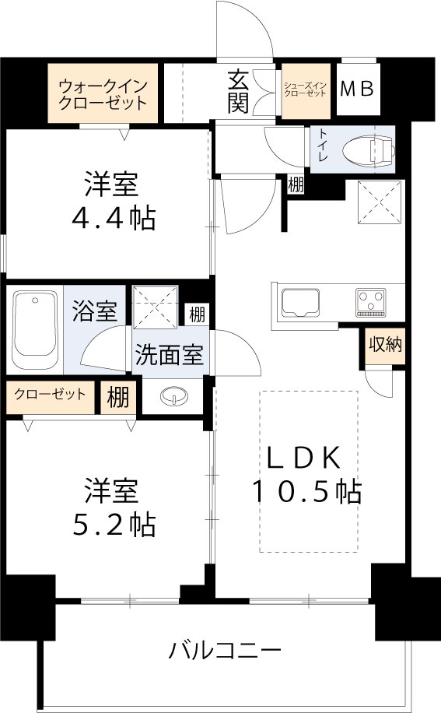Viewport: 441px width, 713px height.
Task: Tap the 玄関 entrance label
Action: [238, 92]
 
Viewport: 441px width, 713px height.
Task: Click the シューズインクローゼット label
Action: [306, 89]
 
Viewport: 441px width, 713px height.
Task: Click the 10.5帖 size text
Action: [305, 490]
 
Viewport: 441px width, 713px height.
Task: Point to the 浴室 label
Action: [96, 312]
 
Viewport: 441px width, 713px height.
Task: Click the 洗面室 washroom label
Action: [170, 355]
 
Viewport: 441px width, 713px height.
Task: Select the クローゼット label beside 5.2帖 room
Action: [50, 394]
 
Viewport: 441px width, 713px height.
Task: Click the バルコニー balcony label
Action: [226, 650]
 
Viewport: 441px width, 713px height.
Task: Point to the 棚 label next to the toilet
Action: [296, 185]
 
